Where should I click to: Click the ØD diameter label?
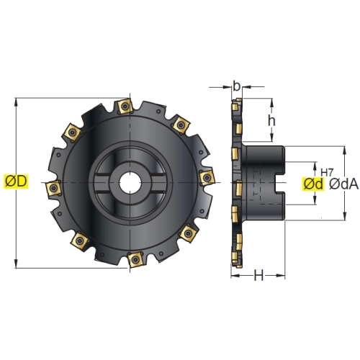pyautogui.click(x=16, y=181)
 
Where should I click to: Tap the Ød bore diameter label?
pyautogui.click(x=313, y=184)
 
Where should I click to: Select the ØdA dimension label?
pyautogui.click(x=343, y=184)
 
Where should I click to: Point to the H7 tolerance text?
pyautogui.click(x=327, y=172)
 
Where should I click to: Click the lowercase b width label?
pyautogui.click(x=236, y=86)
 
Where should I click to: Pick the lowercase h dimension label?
pyautogui.click(x=271, y=121)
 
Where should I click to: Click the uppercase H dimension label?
pyautogui.click(x=258, y=275)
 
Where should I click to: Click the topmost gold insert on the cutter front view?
pyautogui.click(x=125, y=107)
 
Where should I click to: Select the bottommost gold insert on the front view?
pyautogui.click(x=135, y=259)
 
